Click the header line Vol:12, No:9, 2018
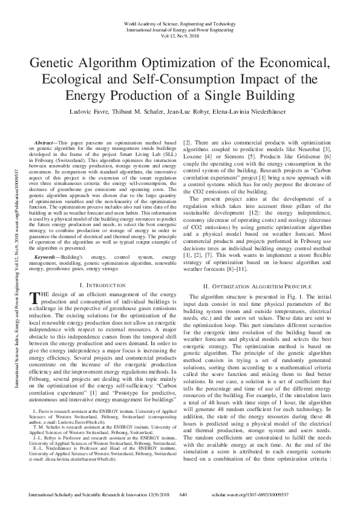coord(180,36)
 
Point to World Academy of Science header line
coord(180,23)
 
